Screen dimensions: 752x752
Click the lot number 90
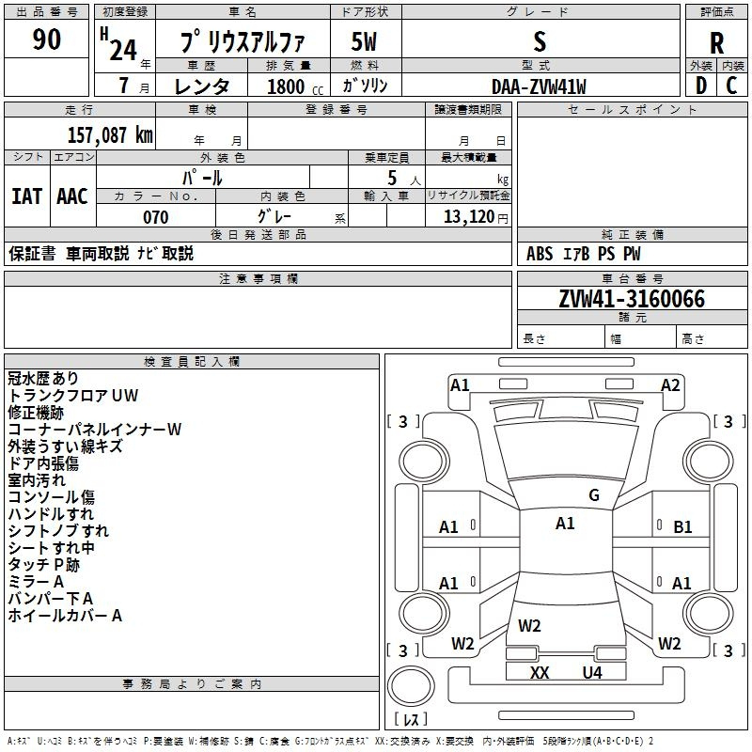tap(46, 39)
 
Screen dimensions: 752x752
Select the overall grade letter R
tap(716, 43)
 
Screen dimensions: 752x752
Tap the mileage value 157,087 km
tap(110, 134)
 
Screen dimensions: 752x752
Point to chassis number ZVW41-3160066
tap(632, 299)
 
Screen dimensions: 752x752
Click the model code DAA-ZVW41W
tap(539, 86)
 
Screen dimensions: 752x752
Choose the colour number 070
tap(156, 217)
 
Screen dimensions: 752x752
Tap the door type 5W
tap(364, 41)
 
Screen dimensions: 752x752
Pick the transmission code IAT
tap(27, 196)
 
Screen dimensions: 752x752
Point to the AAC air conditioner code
tap(72, 196)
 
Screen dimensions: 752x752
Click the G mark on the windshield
tap(594, 495)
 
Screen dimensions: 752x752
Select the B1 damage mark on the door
tap(682, 527)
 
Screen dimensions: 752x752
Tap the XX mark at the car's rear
tap(540, 672)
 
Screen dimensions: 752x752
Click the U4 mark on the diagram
tap(592, 672)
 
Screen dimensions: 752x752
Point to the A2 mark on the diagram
tap(670, 385)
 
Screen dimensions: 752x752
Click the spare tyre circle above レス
tap(411, 685)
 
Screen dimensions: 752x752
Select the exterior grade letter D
tap(700, 86)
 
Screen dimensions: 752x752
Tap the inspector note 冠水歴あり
tap(42, 378)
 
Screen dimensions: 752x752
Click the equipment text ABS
tap(539, 253)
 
